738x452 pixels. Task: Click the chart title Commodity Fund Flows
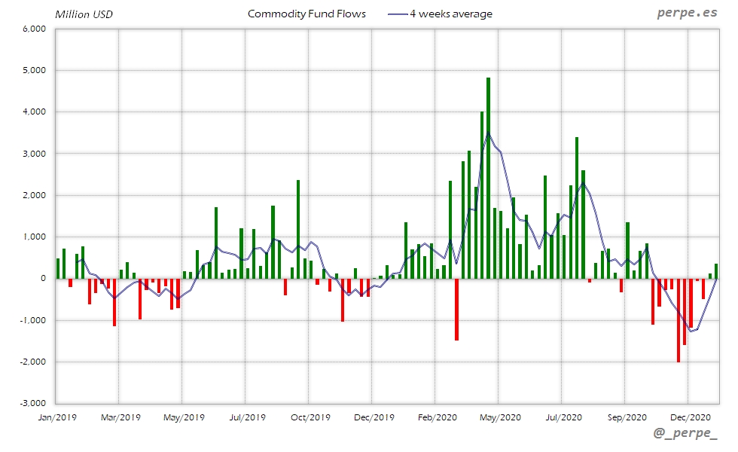point(306,14)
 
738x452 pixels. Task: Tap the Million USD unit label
point(84,14)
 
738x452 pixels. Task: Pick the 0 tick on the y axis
point(44,279)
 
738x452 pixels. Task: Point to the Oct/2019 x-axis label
point(310,417)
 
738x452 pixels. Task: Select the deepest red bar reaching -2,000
point(679,320)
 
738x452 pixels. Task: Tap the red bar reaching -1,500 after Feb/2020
point(456,309)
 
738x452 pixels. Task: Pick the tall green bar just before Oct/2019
point(298,230)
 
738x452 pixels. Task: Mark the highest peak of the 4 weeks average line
point(488,134)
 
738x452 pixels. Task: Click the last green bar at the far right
point(716,271)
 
